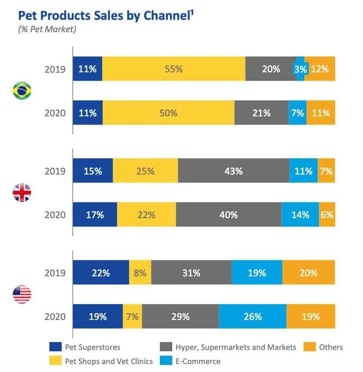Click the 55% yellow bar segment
[x=174, y=69]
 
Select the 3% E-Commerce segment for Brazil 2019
[x=300, y=69]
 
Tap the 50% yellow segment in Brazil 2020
[x=168, y=113]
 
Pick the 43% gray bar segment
[x=233, y=171]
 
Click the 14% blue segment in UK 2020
[x=300, y=215]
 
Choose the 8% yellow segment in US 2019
[x=140, y=272]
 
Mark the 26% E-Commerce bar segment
[x=252, y=316]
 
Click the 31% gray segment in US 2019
[x=191, y=272]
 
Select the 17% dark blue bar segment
[x=95, y=215]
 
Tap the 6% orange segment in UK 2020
[x=327, y=215]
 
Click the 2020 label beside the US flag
[x=55, y=316]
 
